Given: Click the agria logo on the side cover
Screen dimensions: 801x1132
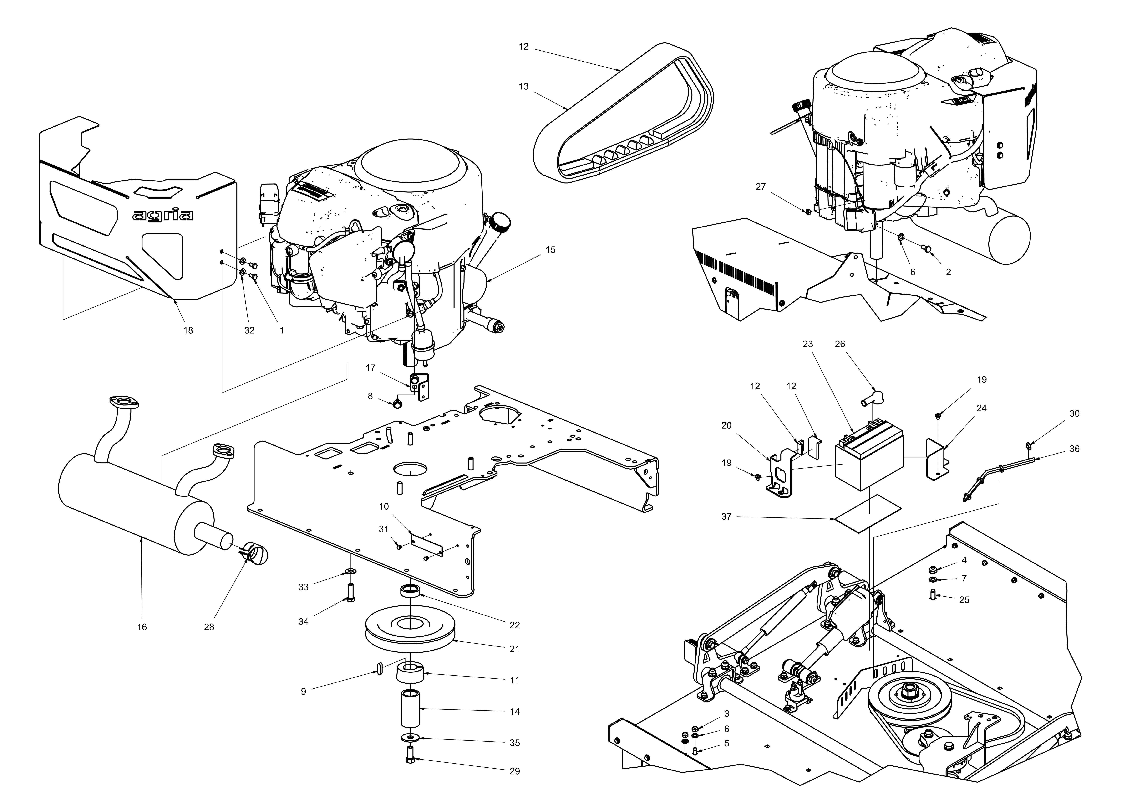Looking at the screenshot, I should click(x=163, y=216).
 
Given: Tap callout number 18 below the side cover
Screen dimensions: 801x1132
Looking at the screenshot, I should click(x=188, y=331).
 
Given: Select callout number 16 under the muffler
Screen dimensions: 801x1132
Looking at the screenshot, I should click(x=142, y=627).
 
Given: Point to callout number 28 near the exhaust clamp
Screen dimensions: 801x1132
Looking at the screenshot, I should click(x=209, y=627).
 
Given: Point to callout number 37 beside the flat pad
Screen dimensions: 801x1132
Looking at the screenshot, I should click(x=726, y=516).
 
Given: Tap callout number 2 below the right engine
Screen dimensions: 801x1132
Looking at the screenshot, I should click(x=948, y=272).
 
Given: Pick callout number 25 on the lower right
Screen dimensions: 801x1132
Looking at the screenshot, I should click(x=964, y=600).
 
